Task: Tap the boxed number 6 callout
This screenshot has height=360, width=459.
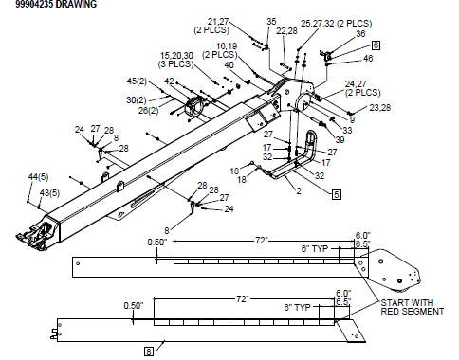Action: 376,45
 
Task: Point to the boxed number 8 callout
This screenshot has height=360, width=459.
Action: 148,351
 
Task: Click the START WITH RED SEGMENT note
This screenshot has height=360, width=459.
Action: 413,307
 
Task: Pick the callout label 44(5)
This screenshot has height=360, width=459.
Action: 39,177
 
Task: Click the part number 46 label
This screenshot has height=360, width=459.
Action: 368,59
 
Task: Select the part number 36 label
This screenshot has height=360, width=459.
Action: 360,34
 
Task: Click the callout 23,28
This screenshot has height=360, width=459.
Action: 379,108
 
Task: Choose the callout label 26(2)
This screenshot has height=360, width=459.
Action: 149,111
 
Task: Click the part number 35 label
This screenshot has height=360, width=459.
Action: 271,21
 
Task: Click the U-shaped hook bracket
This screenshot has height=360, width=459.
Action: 309,152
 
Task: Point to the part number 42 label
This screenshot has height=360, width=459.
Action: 169,81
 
